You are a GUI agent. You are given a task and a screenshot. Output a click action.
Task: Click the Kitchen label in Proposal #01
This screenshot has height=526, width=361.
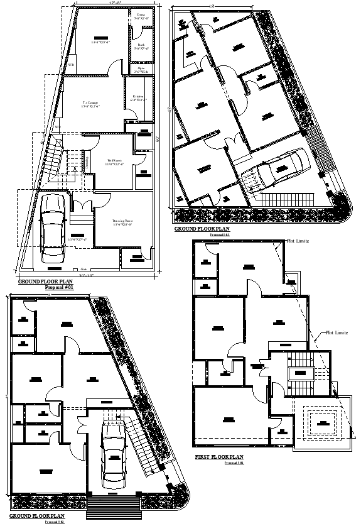(x=138, y=97)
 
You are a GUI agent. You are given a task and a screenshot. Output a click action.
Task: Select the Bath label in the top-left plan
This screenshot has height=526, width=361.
(x=141, y=46)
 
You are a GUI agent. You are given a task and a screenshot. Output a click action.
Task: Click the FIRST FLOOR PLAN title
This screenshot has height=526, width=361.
(x=219, y=456)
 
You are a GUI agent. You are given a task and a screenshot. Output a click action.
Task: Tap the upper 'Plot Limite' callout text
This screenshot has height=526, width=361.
(x=298, y=241)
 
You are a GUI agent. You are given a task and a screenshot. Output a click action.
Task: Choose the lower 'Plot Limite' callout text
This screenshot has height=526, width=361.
(x=337, y=332)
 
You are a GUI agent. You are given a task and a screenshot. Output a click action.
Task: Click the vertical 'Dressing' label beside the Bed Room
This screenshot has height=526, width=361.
(x=87, y=162)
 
